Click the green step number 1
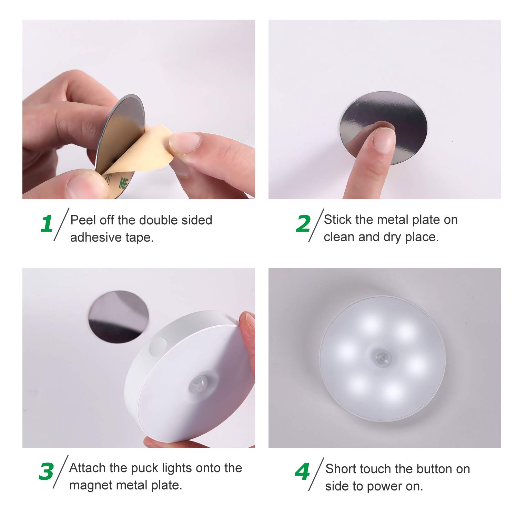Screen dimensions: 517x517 coord(47,224)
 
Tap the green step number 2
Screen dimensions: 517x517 coord(303,224)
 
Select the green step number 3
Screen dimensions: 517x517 coord(46,472)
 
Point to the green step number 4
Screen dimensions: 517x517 coord(302,472)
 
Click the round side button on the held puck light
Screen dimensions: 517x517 coord(158,346)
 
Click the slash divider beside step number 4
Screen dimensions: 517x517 coord(316,474)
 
